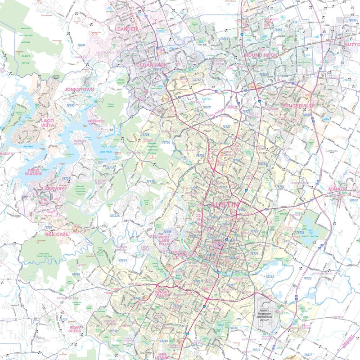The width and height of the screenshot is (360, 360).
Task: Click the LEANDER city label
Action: [x=126, y=29]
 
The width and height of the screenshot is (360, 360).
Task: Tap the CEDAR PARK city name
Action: [x=151, y=65]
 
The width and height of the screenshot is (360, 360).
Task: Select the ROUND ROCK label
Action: [x=261, y=55]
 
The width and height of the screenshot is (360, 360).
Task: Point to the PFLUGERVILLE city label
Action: [x=297, y=105]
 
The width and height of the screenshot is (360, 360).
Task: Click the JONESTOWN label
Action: [x=79, y=90]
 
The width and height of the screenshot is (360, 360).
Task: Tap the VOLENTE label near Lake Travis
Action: [x=96, y=121]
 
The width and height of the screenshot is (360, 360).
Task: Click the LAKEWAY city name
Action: [x=54, y=189]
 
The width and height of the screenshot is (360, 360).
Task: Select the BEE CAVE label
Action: [x=57, y=234]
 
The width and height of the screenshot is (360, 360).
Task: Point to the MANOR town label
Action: [x=337, y=189]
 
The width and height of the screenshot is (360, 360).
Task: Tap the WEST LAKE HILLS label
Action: [x=163, y=240]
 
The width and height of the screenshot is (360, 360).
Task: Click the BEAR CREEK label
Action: [x=74, y=328]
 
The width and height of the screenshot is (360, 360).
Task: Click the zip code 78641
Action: [x=81, y=45]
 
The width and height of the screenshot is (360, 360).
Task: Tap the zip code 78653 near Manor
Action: [x=354, y=200]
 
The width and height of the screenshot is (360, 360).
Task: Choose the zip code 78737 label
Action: [x=63, y=320]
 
